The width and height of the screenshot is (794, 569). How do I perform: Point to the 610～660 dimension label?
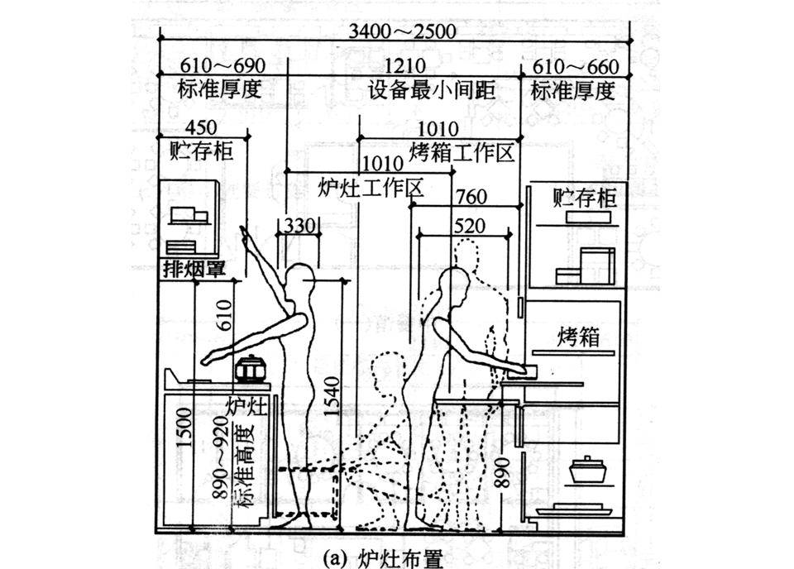point(574,66)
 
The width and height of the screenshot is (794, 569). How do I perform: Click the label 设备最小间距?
point(431,90)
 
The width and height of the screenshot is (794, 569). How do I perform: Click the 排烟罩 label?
point(194,268)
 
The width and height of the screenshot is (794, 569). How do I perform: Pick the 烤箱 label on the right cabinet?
point(577,337)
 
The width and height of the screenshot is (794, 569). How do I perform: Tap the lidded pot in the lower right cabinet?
point(587,471)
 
